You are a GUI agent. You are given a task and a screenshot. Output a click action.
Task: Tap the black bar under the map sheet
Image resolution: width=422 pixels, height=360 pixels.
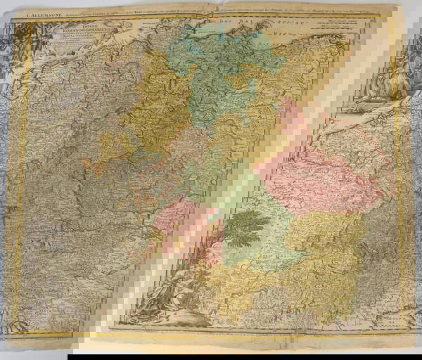click(211, 355)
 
